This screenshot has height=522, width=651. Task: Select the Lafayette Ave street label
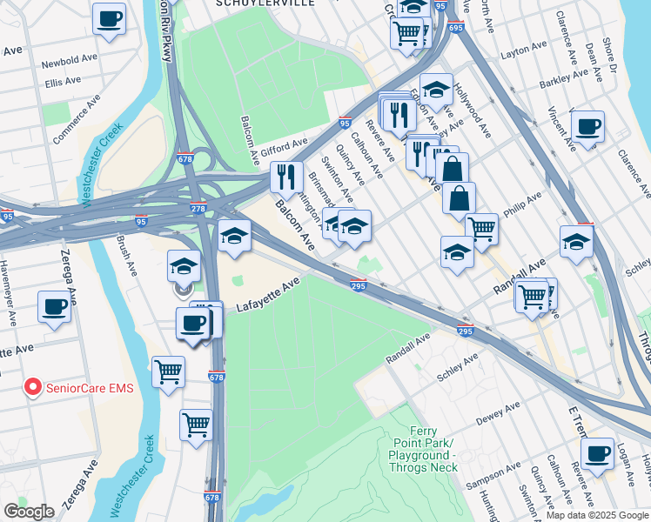coord(267,296)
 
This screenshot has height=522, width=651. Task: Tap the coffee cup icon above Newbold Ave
coord(109,18)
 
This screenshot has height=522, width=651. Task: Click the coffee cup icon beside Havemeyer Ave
coord(54,307)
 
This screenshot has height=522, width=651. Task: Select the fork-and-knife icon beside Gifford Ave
coord(285,177)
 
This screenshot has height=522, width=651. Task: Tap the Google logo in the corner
coord(29,511)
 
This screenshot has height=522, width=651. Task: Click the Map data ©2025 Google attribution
coord(597,515)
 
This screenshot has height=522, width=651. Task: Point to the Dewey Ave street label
coord(499,412)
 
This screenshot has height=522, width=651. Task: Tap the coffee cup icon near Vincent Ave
coord(587,126)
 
